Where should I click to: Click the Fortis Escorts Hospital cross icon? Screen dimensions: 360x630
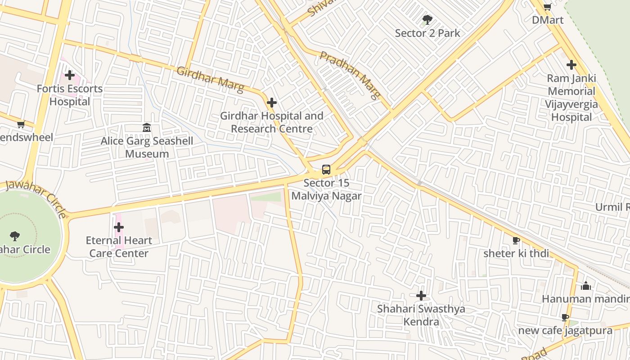pos(69,75)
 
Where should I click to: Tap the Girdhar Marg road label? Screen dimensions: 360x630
pos(210,79)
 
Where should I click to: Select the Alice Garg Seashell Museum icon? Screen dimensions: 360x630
pos(147,128)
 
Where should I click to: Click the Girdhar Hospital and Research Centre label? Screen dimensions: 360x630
pos(271,122)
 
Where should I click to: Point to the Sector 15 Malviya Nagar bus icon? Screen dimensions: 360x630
pos(326,170)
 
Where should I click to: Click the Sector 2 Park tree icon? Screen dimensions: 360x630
pos(427,20)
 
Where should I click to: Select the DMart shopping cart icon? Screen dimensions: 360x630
pos(547,7)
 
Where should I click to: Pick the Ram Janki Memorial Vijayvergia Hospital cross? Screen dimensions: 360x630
pos(571,65)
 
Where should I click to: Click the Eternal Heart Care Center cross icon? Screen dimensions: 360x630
pos(119,227)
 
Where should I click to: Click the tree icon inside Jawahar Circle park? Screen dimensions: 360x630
pos(15,236)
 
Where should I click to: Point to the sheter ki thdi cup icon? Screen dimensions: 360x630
pos(516,240)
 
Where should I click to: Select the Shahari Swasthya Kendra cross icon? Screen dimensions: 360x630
pos(421,296)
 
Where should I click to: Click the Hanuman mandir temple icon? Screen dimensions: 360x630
pos(586,286)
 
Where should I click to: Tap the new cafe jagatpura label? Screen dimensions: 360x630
pos(565,331)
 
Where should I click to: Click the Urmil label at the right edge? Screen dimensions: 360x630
pos(612,207)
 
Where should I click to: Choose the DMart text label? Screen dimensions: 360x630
pos(547,20)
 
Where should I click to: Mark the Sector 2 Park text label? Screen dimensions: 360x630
pos(427,33)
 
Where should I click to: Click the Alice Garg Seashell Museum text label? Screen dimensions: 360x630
pos(147,147)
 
